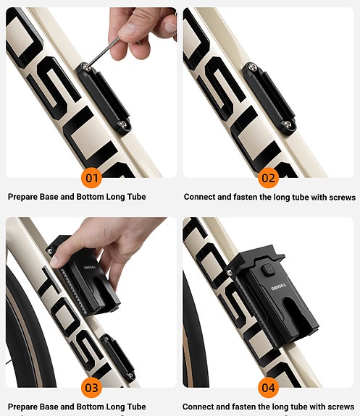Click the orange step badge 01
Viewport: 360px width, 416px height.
click(x=91, y=177)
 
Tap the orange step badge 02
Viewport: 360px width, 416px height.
click(x=268, y=177)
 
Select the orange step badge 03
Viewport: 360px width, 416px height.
click(x=91, y=387)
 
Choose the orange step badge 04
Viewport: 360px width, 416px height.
click(x=268, y=387)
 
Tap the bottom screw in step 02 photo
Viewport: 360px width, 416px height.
click(x=290, y=126)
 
